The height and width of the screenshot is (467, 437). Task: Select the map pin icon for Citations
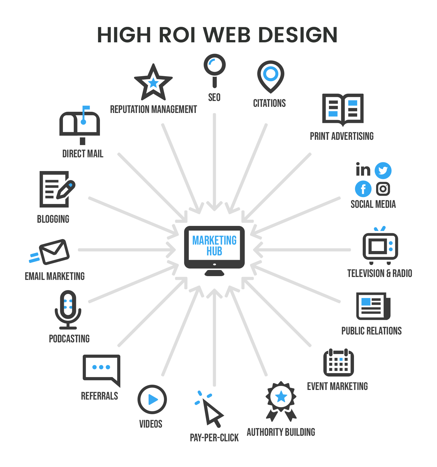coord(271,76)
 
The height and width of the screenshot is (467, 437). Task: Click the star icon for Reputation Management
coord(153,83)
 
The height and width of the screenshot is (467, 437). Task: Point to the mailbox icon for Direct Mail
coord(80,124)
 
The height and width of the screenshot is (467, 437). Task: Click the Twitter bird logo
coord(383,171)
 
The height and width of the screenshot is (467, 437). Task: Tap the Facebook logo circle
coord(363,189)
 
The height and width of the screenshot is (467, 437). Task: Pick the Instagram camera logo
coord(383,189)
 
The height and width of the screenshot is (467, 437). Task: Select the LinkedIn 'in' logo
coord(363,170)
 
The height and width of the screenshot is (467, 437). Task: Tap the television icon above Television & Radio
coord(380,246)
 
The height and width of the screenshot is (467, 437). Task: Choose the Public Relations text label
coord(371,331)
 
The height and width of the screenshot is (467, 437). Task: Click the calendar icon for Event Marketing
coord(339,363)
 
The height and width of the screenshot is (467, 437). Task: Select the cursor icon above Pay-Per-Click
coord(212,412)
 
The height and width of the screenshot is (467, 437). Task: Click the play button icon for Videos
coord(152,399)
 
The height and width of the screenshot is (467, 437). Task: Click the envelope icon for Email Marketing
coord(54,252)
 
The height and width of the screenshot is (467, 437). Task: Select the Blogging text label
coord(53,219)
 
